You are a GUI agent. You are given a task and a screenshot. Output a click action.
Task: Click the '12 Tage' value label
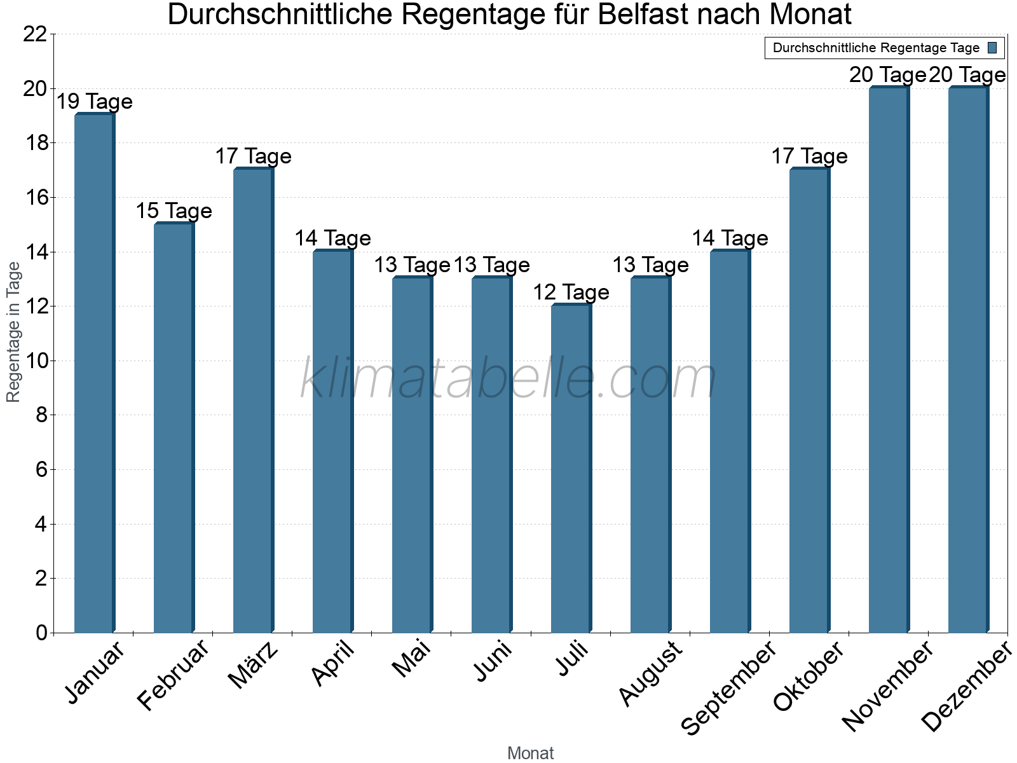571,292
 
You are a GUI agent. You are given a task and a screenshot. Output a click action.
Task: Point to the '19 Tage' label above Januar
95,102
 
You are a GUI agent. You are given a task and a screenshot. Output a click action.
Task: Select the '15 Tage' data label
174,211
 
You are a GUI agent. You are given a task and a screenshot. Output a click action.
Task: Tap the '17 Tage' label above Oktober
809,156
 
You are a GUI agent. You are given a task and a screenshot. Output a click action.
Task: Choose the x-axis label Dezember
966,687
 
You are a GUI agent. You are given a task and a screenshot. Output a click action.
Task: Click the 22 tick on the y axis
35,34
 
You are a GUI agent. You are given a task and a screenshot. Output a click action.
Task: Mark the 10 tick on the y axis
35,361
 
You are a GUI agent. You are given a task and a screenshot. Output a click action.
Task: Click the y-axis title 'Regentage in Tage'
14,332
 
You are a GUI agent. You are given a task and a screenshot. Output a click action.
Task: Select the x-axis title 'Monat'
530,753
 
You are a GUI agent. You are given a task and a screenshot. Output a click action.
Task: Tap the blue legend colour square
993,48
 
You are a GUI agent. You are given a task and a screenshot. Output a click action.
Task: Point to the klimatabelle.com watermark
508,379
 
